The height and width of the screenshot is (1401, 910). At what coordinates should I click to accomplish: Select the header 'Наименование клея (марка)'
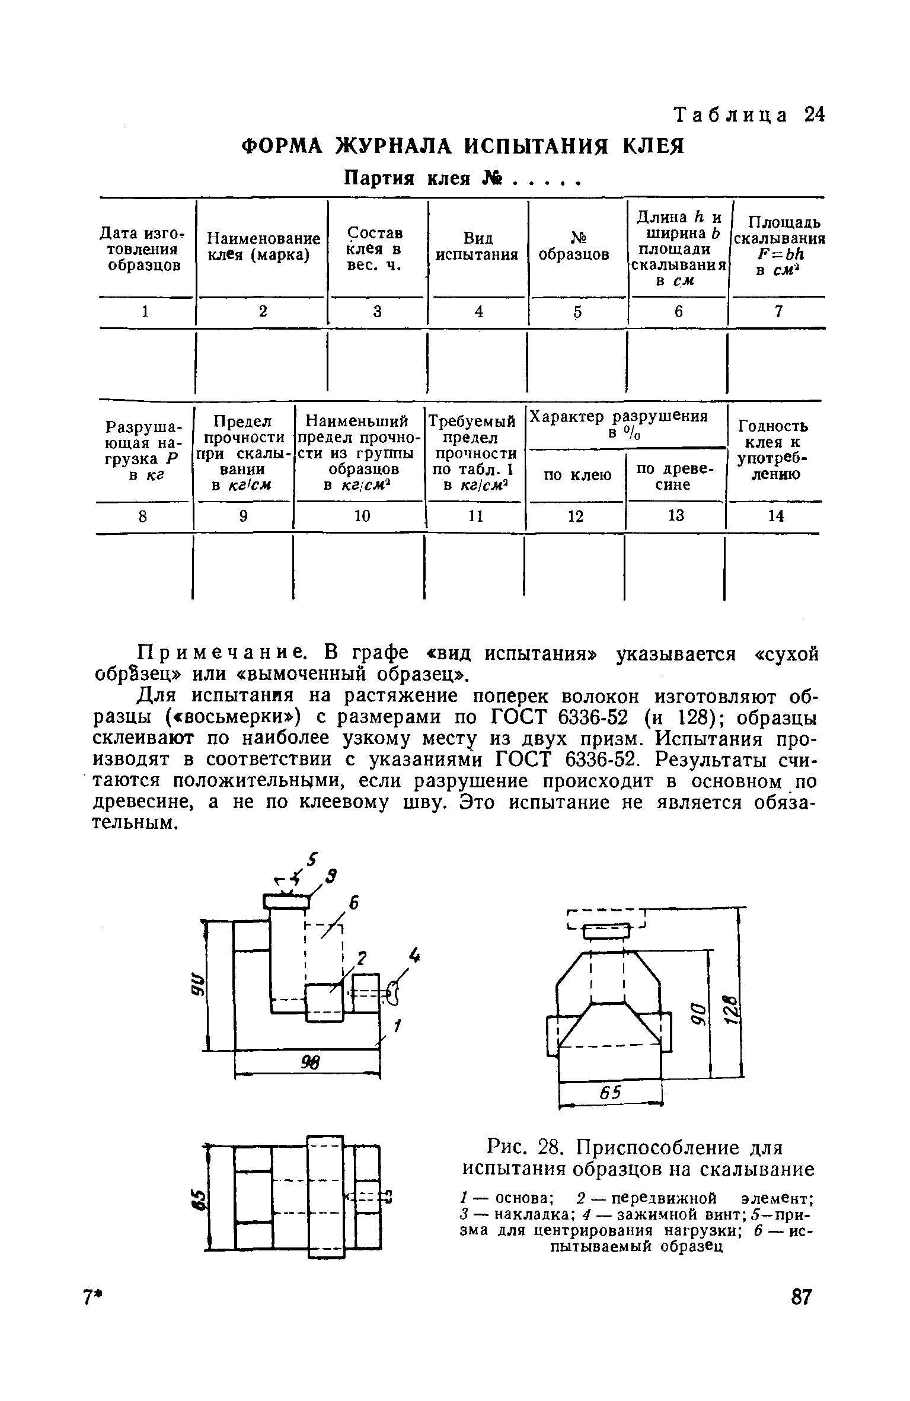pos(263,247)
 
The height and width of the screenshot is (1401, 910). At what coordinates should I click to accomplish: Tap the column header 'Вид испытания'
pos(477,247)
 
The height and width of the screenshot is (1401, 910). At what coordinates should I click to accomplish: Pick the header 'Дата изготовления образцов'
pos(144,250)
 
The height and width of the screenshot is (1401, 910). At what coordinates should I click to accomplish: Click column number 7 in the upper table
pos(778,312)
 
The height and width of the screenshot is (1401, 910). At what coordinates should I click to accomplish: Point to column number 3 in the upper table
pos(378,312)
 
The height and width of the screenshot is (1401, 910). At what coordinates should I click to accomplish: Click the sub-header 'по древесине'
pos(675,476)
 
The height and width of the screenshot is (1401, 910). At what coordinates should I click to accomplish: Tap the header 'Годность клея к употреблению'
pos(773,450)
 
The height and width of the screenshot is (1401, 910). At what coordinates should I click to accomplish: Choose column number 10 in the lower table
pos(362,516)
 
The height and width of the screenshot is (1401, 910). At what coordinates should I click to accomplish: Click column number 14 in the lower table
pos(776,516)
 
